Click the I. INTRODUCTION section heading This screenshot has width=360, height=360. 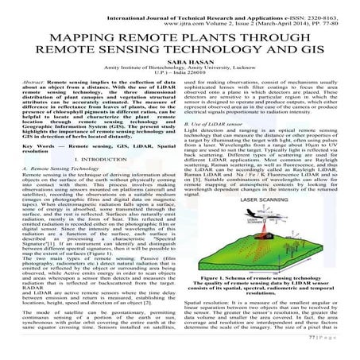(98, 182)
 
